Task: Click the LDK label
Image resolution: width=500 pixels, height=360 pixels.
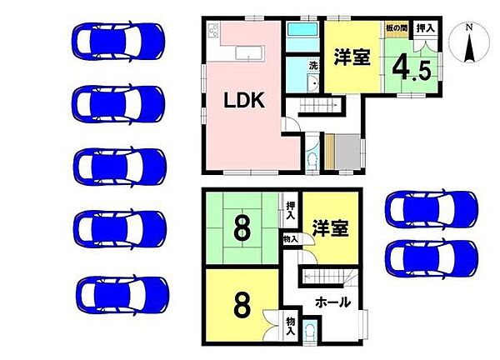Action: click(x=242, y=102)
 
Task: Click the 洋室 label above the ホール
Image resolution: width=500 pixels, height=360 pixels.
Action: click(x=330, y=226)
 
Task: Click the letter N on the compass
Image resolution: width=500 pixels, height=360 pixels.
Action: click(x=469, y=27)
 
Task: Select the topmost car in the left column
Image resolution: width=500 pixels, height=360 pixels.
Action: click(x=117, y=38)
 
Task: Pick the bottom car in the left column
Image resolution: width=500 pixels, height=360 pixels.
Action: click(x=117, y=294)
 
